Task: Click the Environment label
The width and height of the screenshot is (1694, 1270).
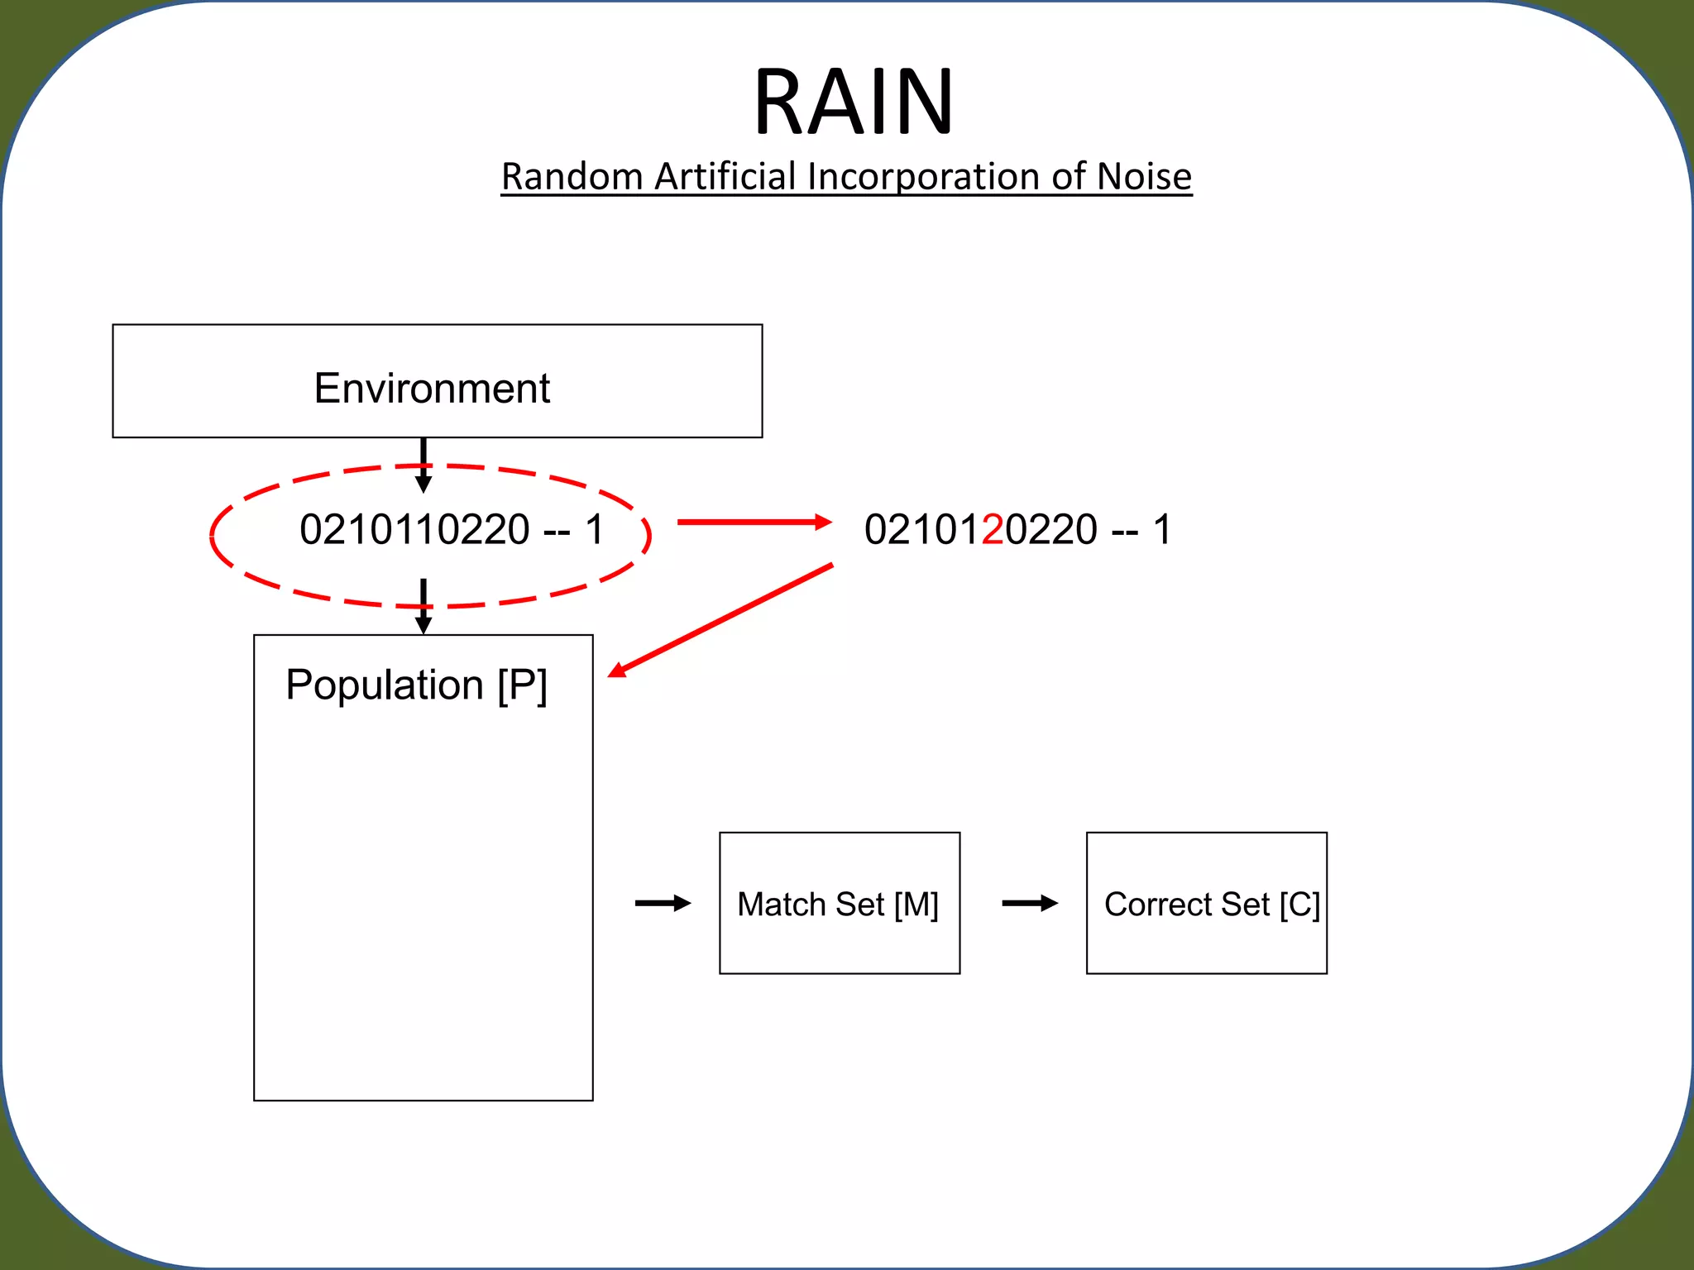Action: click(x=432, y=388)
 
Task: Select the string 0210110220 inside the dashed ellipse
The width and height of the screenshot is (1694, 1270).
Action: click(x=414, y=529)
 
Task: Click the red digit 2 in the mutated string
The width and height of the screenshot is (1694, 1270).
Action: click(x=993, y=529)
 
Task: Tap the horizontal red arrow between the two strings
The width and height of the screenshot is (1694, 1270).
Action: click(x=753, y=522)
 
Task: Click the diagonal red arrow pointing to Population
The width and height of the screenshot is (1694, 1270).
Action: click(x=720, y=620)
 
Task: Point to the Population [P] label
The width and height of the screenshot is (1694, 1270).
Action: click(x=416, y=685)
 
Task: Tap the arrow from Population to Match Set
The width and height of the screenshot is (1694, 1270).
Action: click(x=663, y=903)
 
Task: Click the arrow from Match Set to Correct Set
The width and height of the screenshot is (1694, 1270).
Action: click(x=1029, y=903)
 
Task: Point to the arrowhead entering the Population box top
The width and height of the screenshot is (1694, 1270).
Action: click(x=423, y=625)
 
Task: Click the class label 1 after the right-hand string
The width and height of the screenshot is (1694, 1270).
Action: click(x=1162, y=529)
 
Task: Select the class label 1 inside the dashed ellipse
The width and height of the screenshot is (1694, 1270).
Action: click(x=595, y=529)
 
